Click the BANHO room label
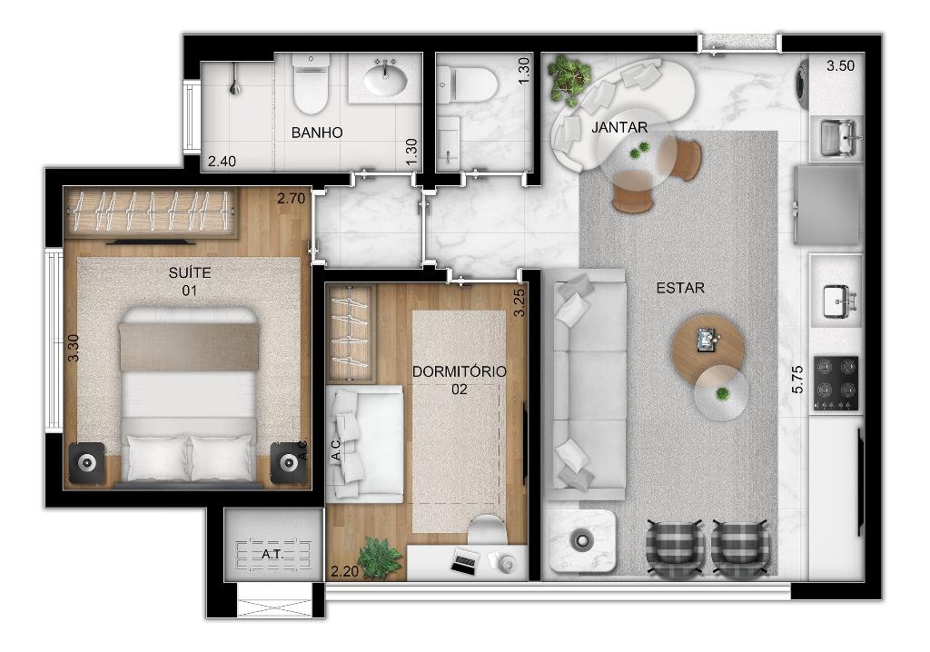click(x=317, y=133)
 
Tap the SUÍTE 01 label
click(x=190, y=282)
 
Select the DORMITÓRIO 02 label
click(x=459, y=380)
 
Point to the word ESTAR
click(x=680, y=288)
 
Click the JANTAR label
click(x=619, y=127)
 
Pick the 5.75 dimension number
click(x=797, y=379)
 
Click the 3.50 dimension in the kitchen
click(x=840, y=65)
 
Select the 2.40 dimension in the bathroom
click(x=222, y=162)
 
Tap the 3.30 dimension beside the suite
click(x=73, y=348)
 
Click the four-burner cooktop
click(x=836, y=383)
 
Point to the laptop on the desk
click(x=464, y=560)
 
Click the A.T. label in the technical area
click(x=272, y=555)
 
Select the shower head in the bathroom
click(x=235, y=86)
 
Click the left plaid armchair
click(x=676, y=548)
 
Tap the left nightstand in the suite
click(x=87, y=462)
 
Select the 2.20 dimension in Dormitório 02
click(x=344, y=572)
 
